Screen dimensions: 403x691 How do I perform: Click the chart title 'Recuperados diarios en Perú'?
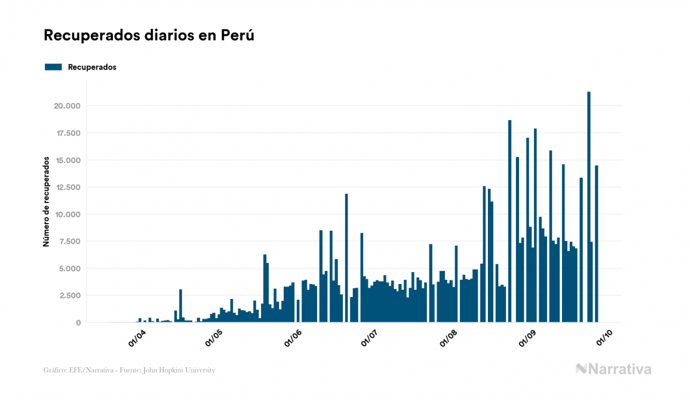(149, 35)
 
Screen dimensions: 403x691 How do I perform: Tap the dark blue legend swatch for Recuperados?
(53, 67)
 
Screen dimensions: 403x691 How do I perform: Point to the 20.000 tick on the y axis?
(67, 106)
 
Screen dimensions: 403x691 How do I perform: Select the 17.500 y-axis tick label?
(67, 133)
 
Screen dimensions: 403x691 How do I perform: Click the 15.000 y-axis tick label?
(67, 160)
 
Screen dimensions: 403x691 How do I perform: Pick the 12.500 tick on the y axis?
(67, 187)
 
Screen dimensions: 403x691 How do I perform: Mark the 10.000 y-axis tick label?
(67, 215)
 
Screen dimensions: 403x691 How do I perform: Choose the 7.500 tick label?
(69, 242)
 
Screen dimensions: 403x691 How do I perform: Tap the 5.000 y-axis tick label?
(69, 268)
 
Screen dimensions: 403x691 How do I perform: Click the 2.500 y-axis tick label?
(69, 295)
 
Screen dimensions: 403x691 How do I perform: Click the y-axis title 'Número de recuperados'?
(45, 202)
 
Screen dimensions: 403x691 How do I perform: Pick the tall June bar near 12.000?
(346, 258)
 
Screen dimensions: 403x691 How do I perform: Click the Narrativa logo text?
(620, 369)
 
